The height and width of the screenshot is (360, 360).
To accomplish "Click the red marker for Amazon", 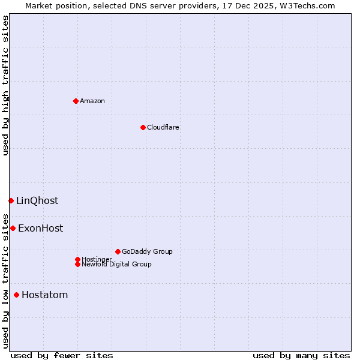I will pyautogui.click(x=76, y=101).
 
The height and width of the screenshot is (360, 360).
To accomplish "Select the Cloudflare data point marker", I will pyautogui.click(x=143, y=127).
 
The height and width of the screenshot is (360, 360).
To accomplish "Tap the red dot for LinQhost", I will pyautogui.click(x=11, y=200).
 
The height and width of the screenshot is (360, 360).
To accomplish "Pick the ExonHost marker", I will pyautogui.click(x=13, y=228).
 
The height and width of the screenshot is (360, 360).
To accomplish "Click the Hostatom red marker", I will pyautogui.click(x=16, y=295).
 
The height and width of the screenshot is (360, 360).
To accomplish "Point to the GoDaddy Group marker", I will pyautogui.click(x=118, y=251).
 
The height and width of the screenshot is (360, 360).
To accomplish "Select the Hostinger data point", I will pyautogui.click(x=77, y=259).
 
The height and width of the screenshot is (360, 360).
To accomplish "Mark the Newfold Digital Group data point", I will pyautogui.click(x=77, y=264).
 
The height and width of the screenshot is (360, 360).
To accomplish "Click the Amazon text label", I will pyautogui.click(x=92, y=101).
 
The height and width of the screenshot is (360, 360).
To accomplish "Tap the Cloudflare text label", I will pyautogui.click(x=163, y=127).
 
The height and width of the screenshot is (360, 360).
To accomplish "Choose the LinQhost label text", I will pyautogui.click(x=37, y=201).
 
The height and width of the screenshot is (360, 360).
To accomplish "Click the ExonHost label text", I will pyautogui.click(x=40, y=229).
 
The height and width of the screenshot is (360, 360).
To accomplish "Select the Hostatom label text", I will pyautogui.click(x=44, y=295).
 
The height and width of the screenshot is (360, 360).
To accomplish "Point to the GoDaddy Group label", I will pyautogui.click(x=147, y=251).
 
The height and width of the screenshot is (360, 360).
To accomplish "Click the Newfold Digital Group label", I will pyautogui.click(x=116, y=264).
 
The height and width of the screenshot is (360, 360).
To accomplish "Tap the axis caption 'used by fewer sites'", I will pyautogui.click(x=62, y=355).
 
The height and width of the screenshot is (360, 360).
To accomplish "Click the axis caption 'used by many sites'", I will pyautogui.click(x=301, y=355).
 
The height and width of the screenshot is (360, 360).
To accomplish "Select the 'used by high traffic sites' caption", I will pyautogui.click(x=5, y=85).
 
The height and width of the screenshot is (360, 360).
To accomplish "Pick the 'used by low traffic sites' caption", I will pyautogui.click(x=5, y=280).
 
